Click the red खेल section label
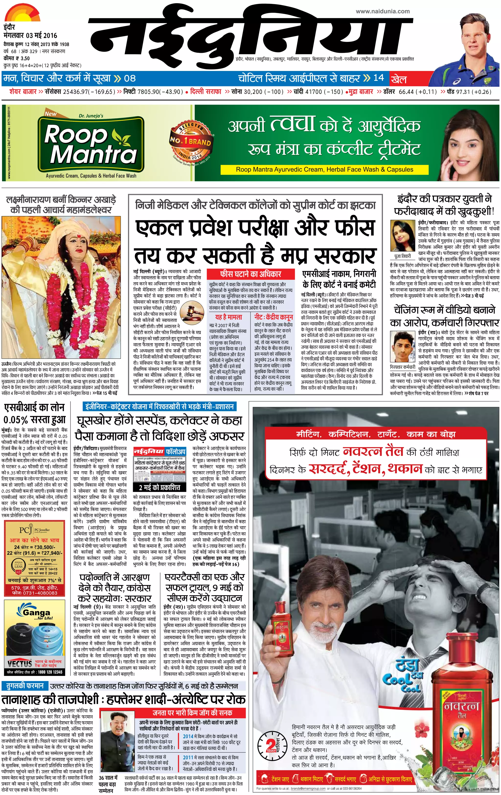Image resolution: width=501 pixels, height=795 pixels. click(x=398, y=79)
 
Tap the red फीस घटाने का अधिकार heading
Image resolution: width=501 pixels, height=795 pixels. click(x=250, y=274)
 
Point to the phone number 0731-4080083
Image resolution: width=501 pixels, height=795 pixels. click(x=39, y=593)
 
